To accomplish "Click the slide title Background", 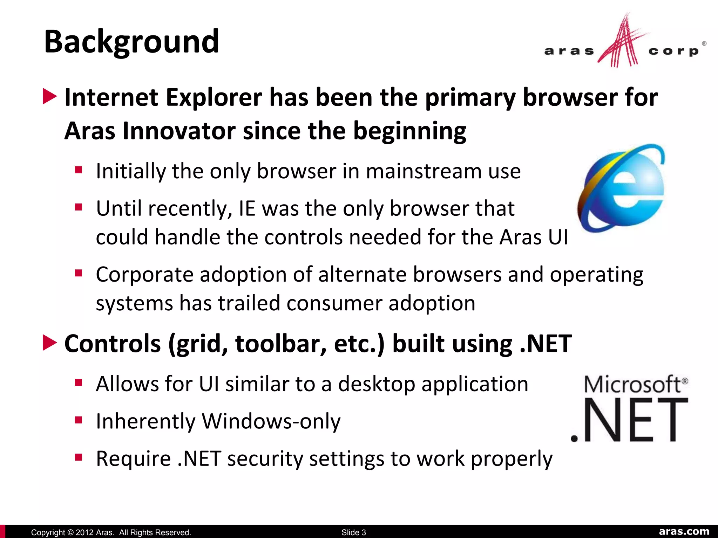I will [131, 42].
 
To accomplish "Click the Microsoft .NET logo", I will [629, 408].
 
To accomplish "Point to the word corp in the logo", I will [673, 51].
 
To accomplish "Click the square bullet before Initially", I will [79, 170].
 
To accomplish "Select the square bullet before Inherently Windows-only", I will [79, 420].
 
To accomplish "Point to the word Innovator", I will [179, 131].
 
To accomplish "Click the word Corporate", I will [144, 275].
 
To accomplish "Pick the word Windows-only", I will [271, 421].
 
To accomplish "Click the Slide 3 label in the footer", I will [353, 532].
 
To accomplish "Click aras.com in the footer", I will [684, 531].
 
